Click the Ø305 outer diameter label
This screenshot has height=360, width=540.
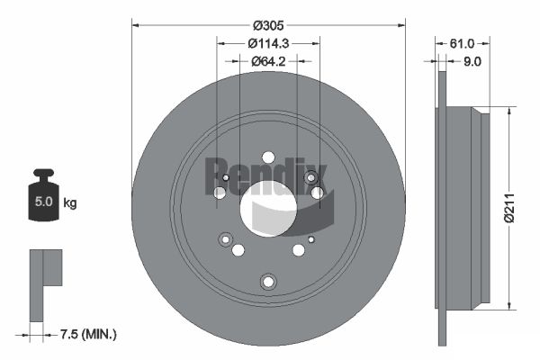pyautogui.click(x=268, y=25)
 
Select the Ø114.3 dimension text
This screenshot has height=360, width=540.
pyautogui.click(x=268, y=43)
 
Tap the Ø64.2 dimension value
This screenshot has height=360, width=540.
pyautogui.click(x=268, y=61)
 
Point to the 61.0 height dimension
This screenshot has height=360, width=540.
pyautogui.click(x=462, y=43)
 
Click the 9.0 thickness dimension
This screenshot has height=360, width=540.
pyautogui.click(x=472, y=62)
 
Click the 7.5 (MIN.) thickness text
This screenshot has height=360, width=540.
pyautogui.click(x=88, y=334)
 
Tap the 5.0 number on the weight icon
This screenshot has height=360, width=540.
pyautogui.click(x=44, y=202)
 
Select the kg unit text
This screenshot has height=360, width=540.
pyautogui.click(x=70, y=202)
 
